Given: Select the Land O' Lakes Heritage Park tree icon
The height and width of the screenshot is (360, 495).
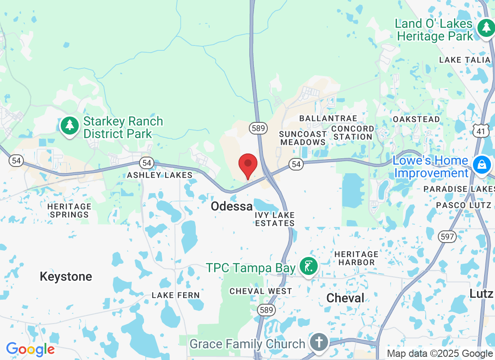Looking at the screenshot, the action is click(x=486, y=28).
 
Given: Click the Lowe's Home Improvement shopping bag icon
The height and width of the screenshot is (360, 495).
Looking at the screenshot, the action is click(x=481, y=165).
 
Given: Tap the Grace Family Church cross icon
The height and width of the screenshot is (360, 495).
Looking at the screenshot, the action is click(x=319, y=343).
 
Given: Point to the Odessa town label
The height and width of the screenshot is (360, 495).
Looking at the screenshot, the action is click(x=232, y=207).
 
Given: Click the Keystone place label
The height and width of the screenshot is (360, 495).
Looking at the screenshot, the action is click(x=66, y=276).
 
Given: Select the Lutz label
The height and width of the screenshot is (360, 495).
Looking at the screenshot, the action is click(x=481, y=293).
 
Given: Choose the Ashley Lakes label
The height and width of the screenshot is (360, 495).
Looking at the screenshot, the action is click(x=160, y=175).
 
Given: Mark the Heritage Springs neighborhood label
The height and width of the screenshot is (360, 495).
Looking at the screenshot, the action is click(x=69, y=211).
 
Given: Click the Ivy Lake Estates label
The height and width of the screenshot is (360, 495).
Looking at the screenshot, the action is click(x=274, y=219).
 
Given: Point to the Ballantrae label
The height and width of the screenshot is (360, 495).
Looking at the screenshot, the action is click(x=328, y=118).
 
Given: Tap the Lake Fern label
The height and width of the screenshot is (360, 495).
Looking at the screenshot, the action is click(x=175, y=295).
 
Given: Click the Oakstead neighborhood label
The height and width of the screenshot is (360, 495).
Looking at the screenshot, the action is click(x=416, y=119).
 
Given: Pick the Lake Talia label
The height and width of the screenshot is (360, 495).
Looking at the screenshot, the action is click(x=464, y=60).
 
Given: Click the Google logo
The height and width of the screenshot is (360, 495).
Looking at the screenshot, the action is click(x=31, y=349).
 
